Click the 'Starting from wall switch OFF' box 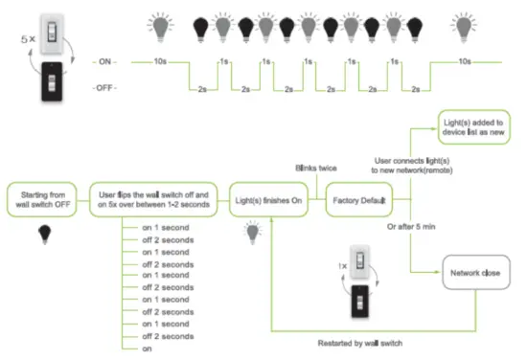pyautogui.click(x=43, y=201)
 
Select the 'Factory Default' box pyautogui.click(x=360, y=201)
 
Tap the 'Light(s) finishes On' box pyautogui.click(x=267, y=201)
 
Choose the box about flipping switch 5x pyautogui.click(x=154, y=201)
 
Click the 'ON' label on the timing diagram pyautogui.click(x=105, y=60)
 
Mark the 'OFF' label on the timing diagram pyautogui.click(x=105, y=88)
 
